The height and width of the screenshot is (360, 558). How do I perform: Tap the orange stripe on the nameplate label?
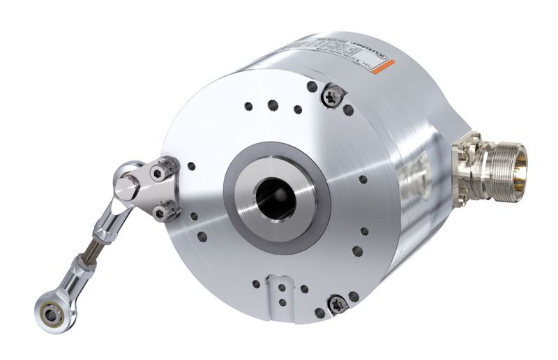[x=384, y=68]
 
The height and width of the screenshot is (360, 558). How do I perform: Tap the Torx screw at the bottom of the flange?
[x=337, y=303]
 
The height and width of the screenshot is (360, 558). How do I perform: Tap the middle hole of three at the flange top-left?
[x=272, y=105]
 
